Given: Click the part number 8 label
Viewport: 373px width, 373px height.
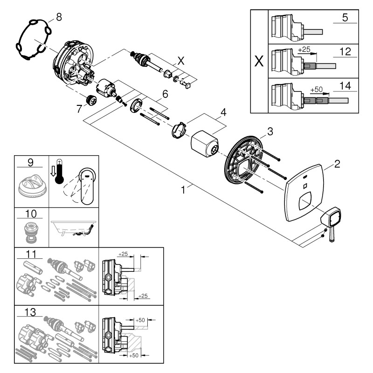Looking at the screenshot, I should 58,17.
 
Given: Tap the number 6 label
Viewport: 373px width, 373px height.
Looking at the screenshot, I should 165,94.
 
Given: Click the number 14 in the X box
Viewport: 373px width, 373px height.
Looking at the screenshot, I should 345,86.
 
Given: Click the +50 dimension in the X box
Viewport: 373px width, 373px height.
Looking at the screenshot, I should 317,89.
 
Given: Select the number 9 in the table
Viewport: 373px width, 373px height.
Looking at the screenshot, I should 30,162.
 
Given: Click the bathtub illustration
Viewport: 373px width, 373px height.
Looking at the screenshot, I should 74,230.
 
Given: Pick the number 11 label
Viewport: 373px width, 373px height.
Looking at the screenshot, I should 30,254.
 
